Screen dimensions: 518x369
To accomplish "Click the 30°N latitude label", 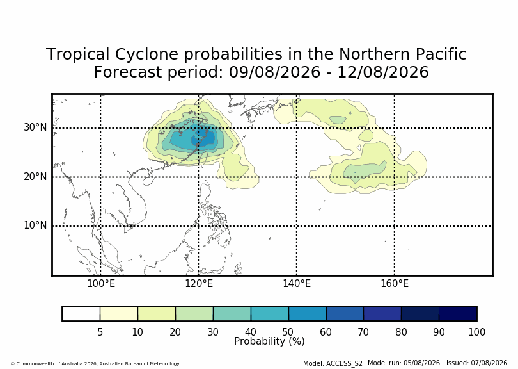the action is pyautogui.click(x=35, y=127).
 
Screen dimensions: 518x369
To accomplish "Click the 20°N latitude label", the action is pyautogui.click(x=35, y=176).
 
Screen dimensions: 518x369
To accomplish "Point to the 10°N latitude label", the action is pyautogui.click(x=35, y=225).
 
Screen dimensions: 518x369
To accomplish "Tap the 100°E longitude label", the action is pyautogui.click(x=101, y=284).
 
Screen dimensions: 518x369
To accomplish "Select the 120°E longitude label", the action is pyautogui.click(x=199, y=284).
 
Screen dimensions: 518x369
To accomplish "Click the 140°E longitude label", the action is pyautogui.click(x=297, y=284).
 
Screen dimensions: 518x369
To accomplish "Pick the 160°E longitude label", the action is pyautogui.click(x=395, y=284).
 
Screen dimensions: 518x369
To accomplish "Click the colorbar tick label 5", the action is pyautogui.click(x=100, y=332).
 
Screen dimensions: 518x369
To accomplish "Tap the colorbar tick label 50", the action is pyautogui.click(x=288, y=332).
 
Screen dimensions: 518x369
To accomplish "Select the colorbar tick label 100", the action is pyautogui.click(x=476, y=332).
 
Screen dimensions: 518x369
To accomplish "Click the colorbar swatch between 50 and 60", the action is pyautogui.click(x=307, y=314).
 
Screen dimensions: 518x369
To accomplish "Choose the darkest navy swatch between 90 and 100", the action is pyautogui.click(x=457, y=314).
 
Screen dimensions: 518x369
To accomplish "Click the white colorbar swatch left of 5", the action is pyautogui.click(x=81, y=314).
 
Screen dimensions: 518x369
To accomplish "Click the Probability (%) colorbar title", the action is pyautogui.click(x=269, y=341).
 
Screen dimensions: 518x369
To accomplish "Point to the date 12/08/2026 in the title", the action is pyautogui.click(x=383, y=72).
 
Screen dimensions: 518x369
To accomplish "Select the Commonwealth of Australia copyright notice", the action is pyautogui.click(x=95, y=363).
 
